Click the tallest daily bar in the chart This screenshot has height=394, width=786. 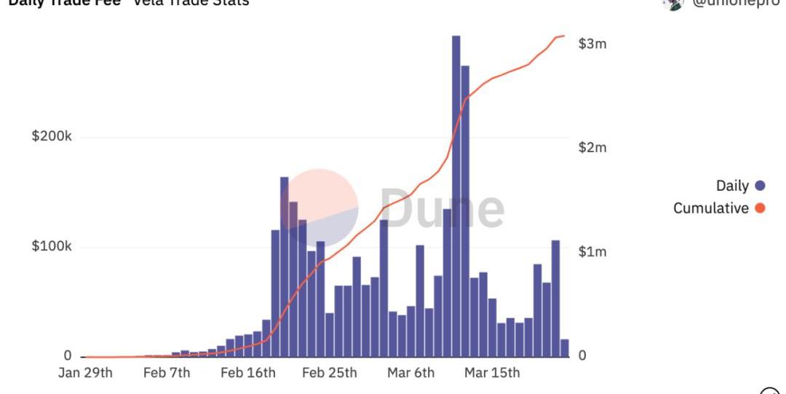(x=456, y=197)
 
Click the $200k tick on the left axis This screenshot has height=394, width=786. (x=52, y=137)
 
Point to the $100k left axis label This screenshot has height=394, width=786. (x=52, y=246)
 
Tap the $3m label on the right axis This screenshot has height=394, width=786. (x=592, y=44)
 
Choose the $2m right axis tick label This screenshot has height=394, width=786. (x=592, y=148)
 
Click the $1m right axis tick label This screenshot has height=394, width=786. (x=592, y=252)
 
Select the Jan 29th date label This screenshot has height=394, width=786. (x=86, y=373)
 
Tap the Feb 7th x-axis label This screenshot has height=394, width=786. (x=167, y=373)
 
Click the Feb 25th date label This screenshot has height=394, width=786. (x=330, y=373)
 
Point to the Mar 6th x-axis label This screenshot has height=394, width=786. (x=410, y=373)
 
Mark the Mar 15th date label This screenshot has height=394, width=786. (x=493, y=373)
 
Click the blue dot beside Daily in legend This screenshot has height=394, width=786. (x=761, y=186)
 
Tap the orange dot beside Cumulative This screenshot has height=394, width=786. (x=761, y=208)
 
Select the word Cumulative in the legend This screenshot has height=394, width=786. (x=710, y=208)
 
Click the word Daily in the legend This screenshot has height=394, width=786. (x=732, y=186)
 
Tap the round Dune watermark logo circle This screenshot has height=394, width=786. (x=319, y=208)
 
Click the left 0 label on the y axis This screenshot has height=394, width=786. (x=67, y=355)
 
